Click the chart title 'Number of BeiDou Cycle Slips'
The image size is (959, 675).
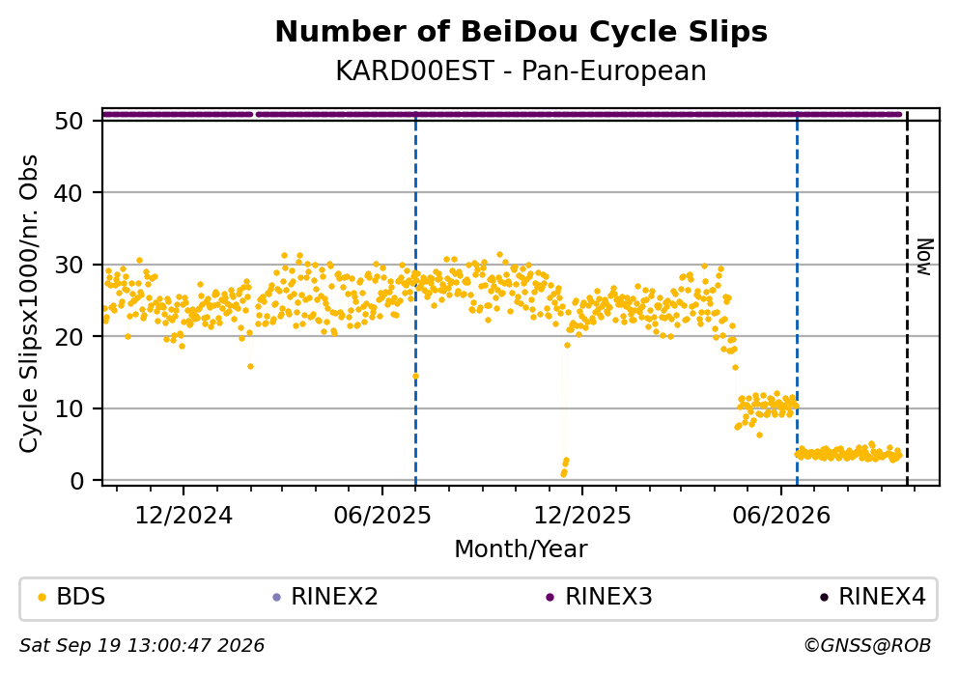pos(522,32)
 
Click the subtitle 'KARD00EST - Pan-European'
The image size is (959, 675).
pos(522,70)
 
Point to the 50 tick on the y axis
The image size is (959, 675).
pos(69,121)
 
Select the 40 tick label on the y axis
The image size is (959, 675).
pos(69,193)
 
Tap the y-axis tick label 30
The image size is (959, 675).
pos(69,265)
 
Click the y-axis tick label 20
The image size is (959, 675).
pos(69,337)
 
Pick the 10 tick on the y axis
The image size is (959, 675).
pos(69,408)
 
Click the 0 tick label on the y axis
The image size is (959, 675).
pos(76,481)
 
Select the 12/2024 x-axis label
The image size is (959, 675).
pos(183,516)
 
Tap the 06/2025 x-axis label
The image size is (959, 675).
pos(382,516)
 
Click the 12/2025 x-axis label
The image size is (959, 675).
pos(582,516)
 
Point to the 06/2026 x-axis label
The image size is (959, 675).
pos(781,516)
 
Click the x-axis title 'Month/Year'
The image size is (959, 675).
pos(522,549)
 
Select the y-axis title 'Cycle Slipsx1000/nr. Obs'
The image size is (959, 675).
pos(28,303)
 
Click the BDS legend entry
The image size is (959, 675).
pos(71,597)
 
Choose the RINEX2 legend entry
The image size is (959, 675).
pos(325,597)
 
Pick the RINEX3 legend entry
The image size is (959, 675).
pos(600,597)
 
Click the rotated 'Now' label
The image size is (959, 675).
pos(925,257)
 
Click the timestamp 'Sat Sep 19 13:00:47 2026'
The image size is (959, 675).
pos(142,646)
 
